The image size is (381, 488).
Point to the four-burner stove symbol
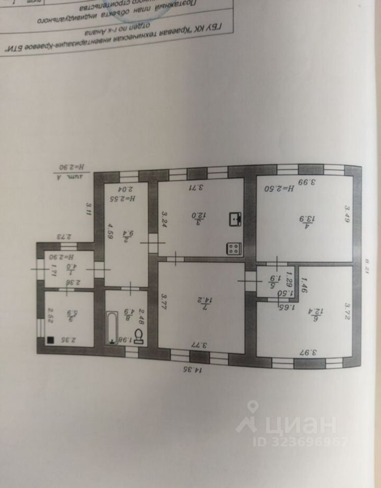[x=234, y=249]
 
